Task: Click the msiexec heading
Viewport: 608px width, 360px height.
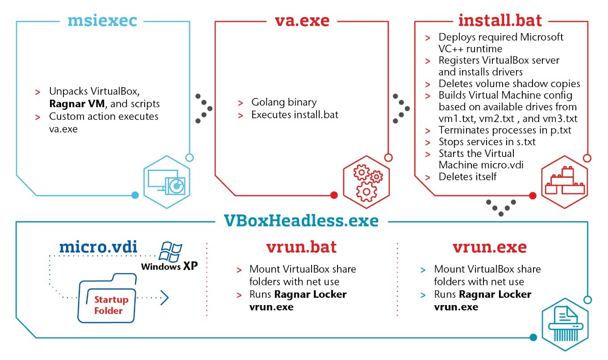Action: click(102, 21)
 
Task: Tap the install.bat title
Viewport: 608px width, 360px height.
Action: click(500, 21)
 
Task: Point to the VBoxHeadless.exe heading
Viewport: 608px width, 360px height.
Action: click(302, 221)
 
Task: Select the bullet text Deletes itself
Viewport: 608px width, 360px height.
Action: click(467, 176)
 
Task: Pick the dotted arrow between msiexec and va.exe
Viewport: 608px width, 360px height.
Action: click(204, 109)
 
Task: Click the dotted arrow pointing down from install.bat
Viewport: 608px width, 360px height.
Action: click(501, 208)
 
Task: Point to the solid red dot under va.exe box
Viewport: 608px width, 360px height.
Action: click(333, 195)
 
